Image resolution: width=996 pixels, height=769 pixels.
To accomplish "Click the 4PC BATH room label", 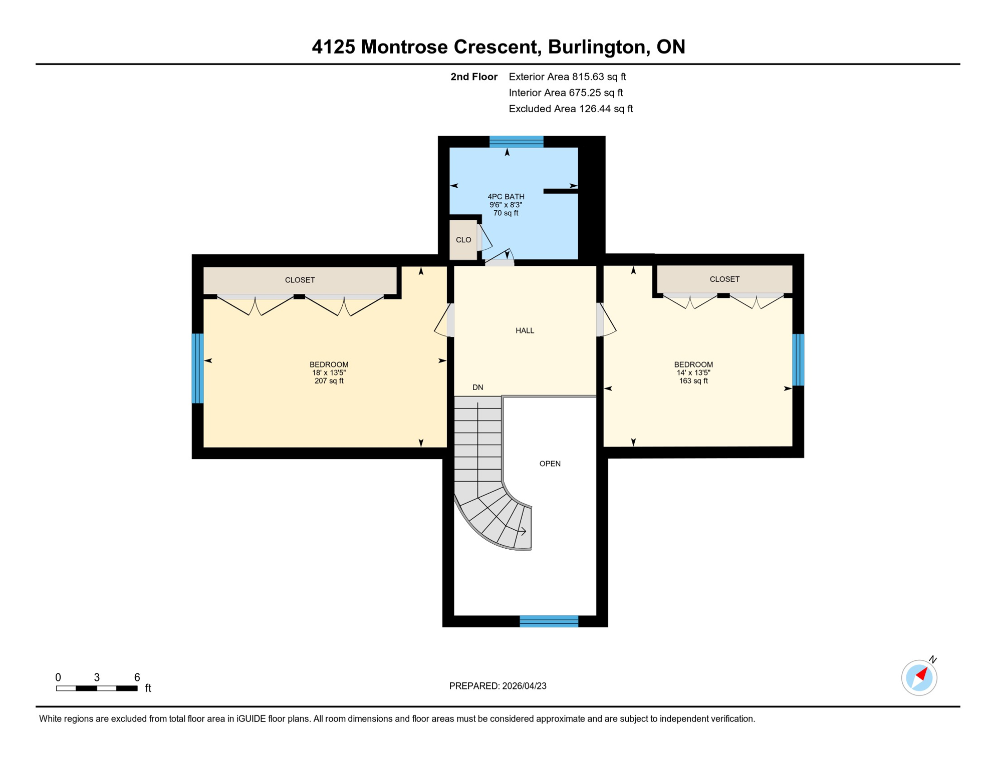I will pyautogui.click(x=506, y=197).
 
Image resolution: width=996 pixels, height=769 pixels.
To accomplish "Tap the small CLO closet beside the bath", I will pyautogui.click(x=463, y=240).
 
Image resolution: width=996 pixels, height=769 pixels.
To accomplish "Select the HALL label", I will pyautogui.click(x=525, y=330).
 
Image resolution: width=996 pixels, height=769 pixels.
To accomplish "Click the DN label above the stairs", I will pyautogui.click(x=477, y=387).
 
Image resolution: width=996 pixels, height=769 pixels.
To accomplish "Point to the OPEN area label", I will pyautogui.click(x=550, y=464).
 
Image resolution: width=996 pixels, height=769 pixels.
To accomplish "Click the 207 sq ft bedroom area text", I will pyautogui.click(x=329, y=381).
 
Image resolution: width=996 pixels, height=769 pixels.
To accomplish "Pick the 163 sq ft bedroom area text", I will pyautogui.click(x=693, y=381).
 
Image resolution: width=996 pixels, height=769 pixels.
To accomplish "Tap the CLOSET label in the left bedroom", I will pyautogui.click(x=300, y=280).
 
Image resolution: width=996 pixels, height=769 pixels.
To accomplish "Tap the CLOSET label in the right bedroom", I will pyautogui.click(x=724, y=279).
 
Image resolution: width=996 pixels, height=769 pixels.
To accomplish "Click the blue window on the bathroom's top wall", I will pyautogui.click(x=516, y=142).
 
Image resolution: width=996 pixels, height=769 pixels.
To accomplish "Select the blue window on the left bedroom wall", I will pyautogui.click(x=198, y=368).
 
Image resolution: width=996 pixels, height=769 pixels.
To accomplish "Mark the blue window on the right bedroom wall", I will pyautogui.click(x=798, y=359).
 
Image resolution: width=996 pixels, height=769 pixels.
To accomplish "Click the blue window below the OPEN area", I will pyautogui.click(x=549, y=621).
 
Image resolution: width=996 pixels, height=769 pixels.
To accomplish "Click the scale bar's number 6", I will pyautogui.click(x=137, y=677).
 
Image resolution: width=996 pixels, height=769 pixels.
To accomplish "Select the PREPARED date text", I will pyautogui.click(x=497, y=686).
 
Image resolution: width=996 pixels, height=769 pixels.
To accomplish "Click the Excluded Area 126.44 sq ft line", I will pyautogui.click(x=570, y=109).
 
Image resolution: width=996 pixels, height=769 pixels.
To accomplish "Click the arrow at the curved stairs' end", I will pyautogui.click(x=522, y=531).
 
